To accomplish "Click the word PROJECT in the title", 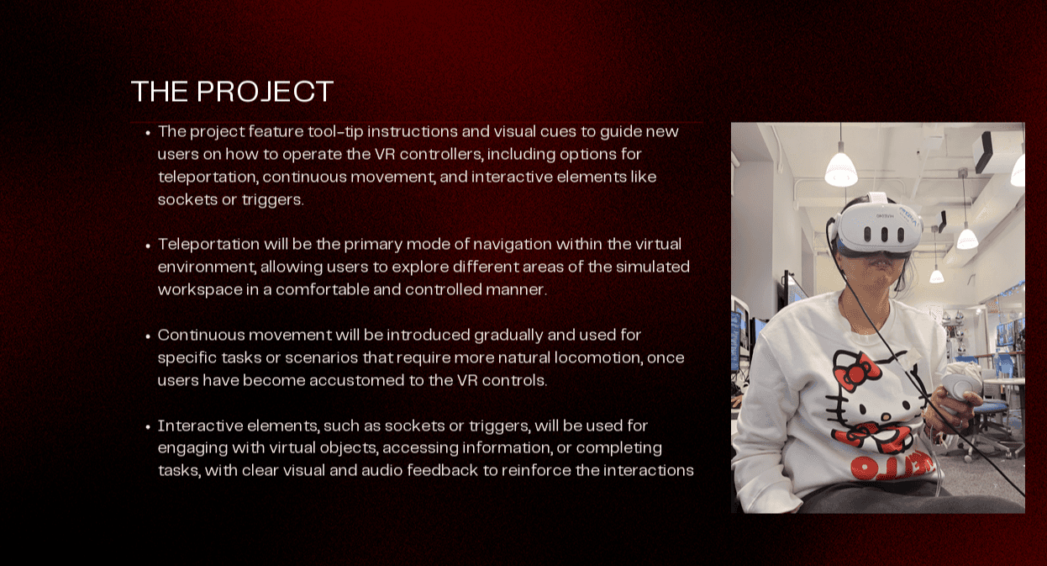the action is pos(265,91).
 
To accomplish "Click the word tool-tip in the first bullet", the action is pos(335,131).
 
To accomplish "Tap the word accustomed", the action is pos(357,380).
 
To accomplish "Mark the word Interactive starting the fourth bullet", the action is pos(200,426).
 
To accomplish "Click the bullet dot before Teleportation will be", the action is pos(148,246).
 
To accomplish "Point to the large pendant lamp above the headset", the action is pos(841,169).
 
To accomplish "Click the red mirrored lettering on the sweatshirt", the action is pos(892,465).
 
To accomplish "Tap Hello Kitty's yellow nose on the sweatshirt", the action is pos(886,416).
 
